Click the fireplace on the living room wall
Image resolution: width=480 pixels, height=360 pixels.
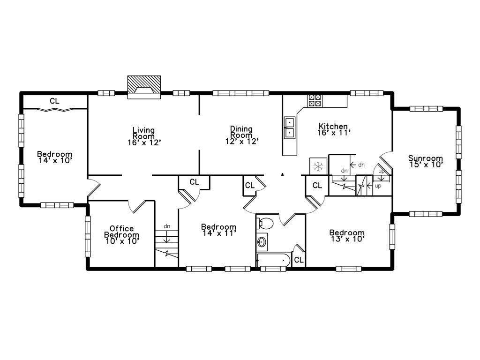click(144, 87)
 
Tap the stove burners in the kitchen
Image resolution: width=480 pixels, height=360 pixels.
click(315, 100)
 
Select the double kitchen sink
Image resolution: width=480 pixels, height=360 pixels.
click(290, 127)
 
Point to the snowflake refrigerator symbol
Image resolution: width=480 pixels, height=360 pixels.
click(318, 166)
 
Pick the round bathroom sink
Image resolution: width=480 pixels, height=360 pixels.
click(262, 242)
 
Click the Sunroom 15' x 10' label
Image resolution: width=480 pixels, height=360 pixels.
click(425, 161)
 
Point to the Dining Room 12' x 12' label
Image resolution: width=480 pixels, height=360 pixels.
click(241, 135)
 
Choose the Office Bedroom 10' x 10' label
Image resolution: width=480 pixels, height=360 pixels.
click(121, 235)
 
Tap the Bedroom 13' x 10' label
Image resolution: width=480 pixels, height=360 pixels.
click(347, 235)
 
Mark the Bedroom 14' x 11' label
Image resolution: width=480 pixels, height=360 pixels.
click(218, 229)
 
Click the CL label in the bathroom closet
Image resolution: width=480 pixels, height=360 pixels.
click(299, 259)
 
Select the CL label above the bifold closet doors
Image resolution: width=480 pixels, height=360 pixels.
click(55, 101)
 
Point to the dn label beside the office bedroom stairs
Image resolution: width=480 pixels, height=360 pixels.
click(167, 226)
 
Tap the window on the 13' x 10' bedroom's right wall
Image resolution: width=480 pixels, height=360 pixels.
click(392, 236)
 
